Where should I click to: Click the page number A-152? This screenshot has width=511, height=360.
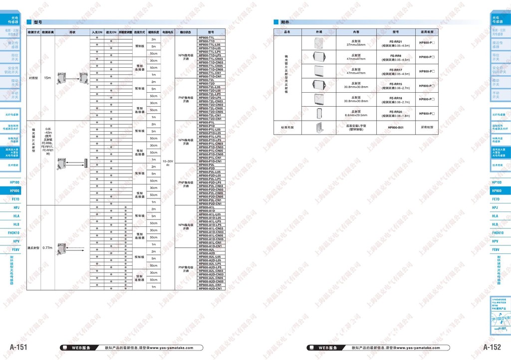[x=492, y=347]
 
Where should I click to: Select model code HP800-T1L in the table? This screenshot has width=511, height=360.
[x=207, y=37]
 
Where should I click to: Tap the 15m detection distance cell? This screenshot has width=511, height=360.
[x=47, y=78]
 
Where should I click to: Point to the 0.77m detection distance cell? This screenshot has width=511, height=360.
[x=47, y=248]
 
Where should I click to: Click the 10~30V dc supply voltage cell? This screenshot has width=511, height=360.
[x=168, y=163]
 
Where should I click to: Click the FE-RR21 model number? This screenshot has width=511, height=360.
[x=396, y=41]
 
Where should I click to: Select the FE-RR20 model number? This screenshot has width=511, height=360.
[x=396, y=112]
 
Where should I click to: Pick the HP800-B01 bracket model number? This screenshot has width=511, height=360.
[x=396, y=128]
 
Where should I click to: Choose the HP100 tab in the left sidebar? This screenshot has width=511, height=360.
[x=14, y=182]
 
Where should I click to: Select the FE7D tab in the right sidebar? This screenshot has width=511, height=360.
[x=496, y=199]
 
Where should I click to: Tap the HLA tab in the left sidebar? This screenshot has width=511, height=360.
[x=14, y=216]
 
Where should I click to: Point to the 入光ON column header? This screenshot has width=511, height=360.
[x=97, y=32]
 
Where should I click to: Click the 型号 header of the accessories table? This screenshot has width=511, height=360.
[x=396, y=32]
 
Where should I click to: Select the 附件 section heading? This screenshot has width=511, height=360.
[x=285, y=22]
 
